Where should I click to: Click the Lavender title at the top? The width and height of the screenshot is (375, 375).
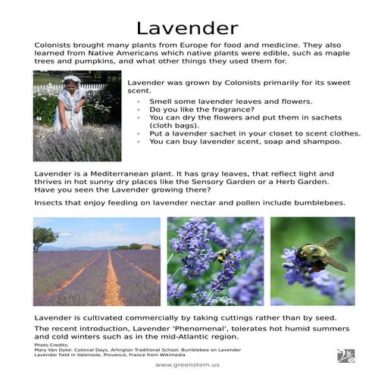pos(186,29)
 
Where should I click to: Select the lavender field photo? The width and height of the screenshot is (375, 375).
pos(97,261)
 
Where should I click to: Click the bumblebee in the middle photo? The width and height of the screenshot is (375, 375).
pos(221,257)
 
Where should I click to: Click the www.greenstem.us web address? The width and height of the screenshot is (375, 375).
pos(187,364)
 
